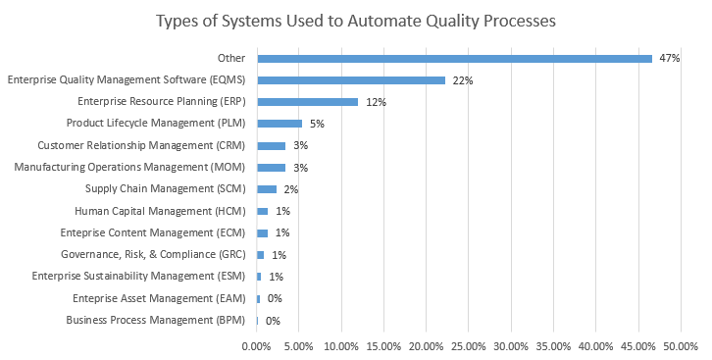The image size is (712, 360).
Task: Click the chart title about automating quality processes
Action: [x=355, y=21]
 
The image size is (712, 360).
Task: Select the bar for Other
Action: [x=454, y=59]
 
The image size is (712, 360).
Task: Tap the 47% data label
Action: [x=670, y=59]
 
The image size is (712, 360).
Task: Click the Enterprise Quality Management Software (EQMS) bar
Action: [x=351, y=80]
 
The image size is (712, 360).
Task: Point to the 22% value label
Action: [x=463, y=80]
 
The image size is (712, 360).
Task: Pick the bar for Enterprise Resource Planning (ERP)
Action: [x=307, y=102]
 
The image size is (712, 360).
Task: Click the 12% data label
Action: [x=375, y=102]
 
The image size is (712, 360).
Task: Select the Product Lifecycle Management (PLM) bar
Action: [x=280, y=124]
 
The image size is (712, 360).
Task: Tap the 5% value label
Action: [x=318, y=125]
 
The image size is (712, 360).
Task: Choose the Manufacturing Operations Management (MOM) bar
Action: [x=271, y=168]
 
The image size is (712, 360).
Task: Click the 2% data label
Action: [x=290, y=189]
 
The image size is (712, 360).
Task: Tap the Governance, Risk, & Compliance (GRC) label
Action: [x=155, y=255]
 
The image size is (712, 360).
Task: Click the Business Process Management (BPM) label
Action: [x=157, y=320]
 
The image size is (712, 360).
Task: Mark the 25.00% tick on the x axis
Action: [x=469, y=345]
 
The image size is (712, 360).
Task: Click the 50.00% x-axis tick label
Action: [x=680, y=345]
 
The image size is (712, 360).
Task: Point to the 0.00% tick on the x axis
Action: [x=257, y=345]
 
